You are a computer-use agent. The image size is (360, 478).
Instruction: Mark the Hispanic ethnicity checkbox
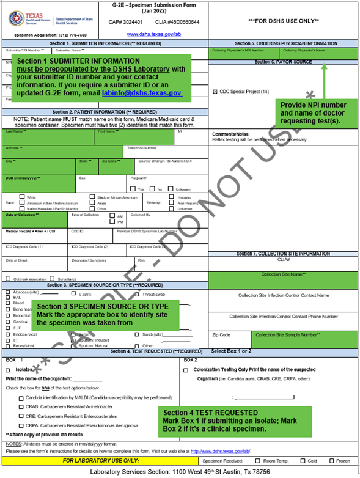[x=172, y=197]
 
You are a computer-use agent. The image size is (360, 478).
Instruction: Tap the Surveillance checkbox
[x=62, y=279]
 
